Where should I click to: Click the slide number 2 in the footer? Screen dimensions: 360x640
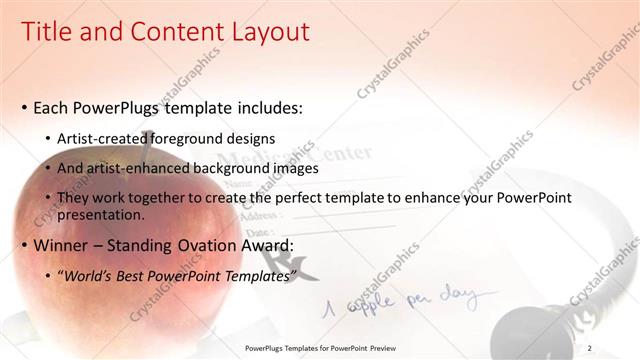coord(589,348)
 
